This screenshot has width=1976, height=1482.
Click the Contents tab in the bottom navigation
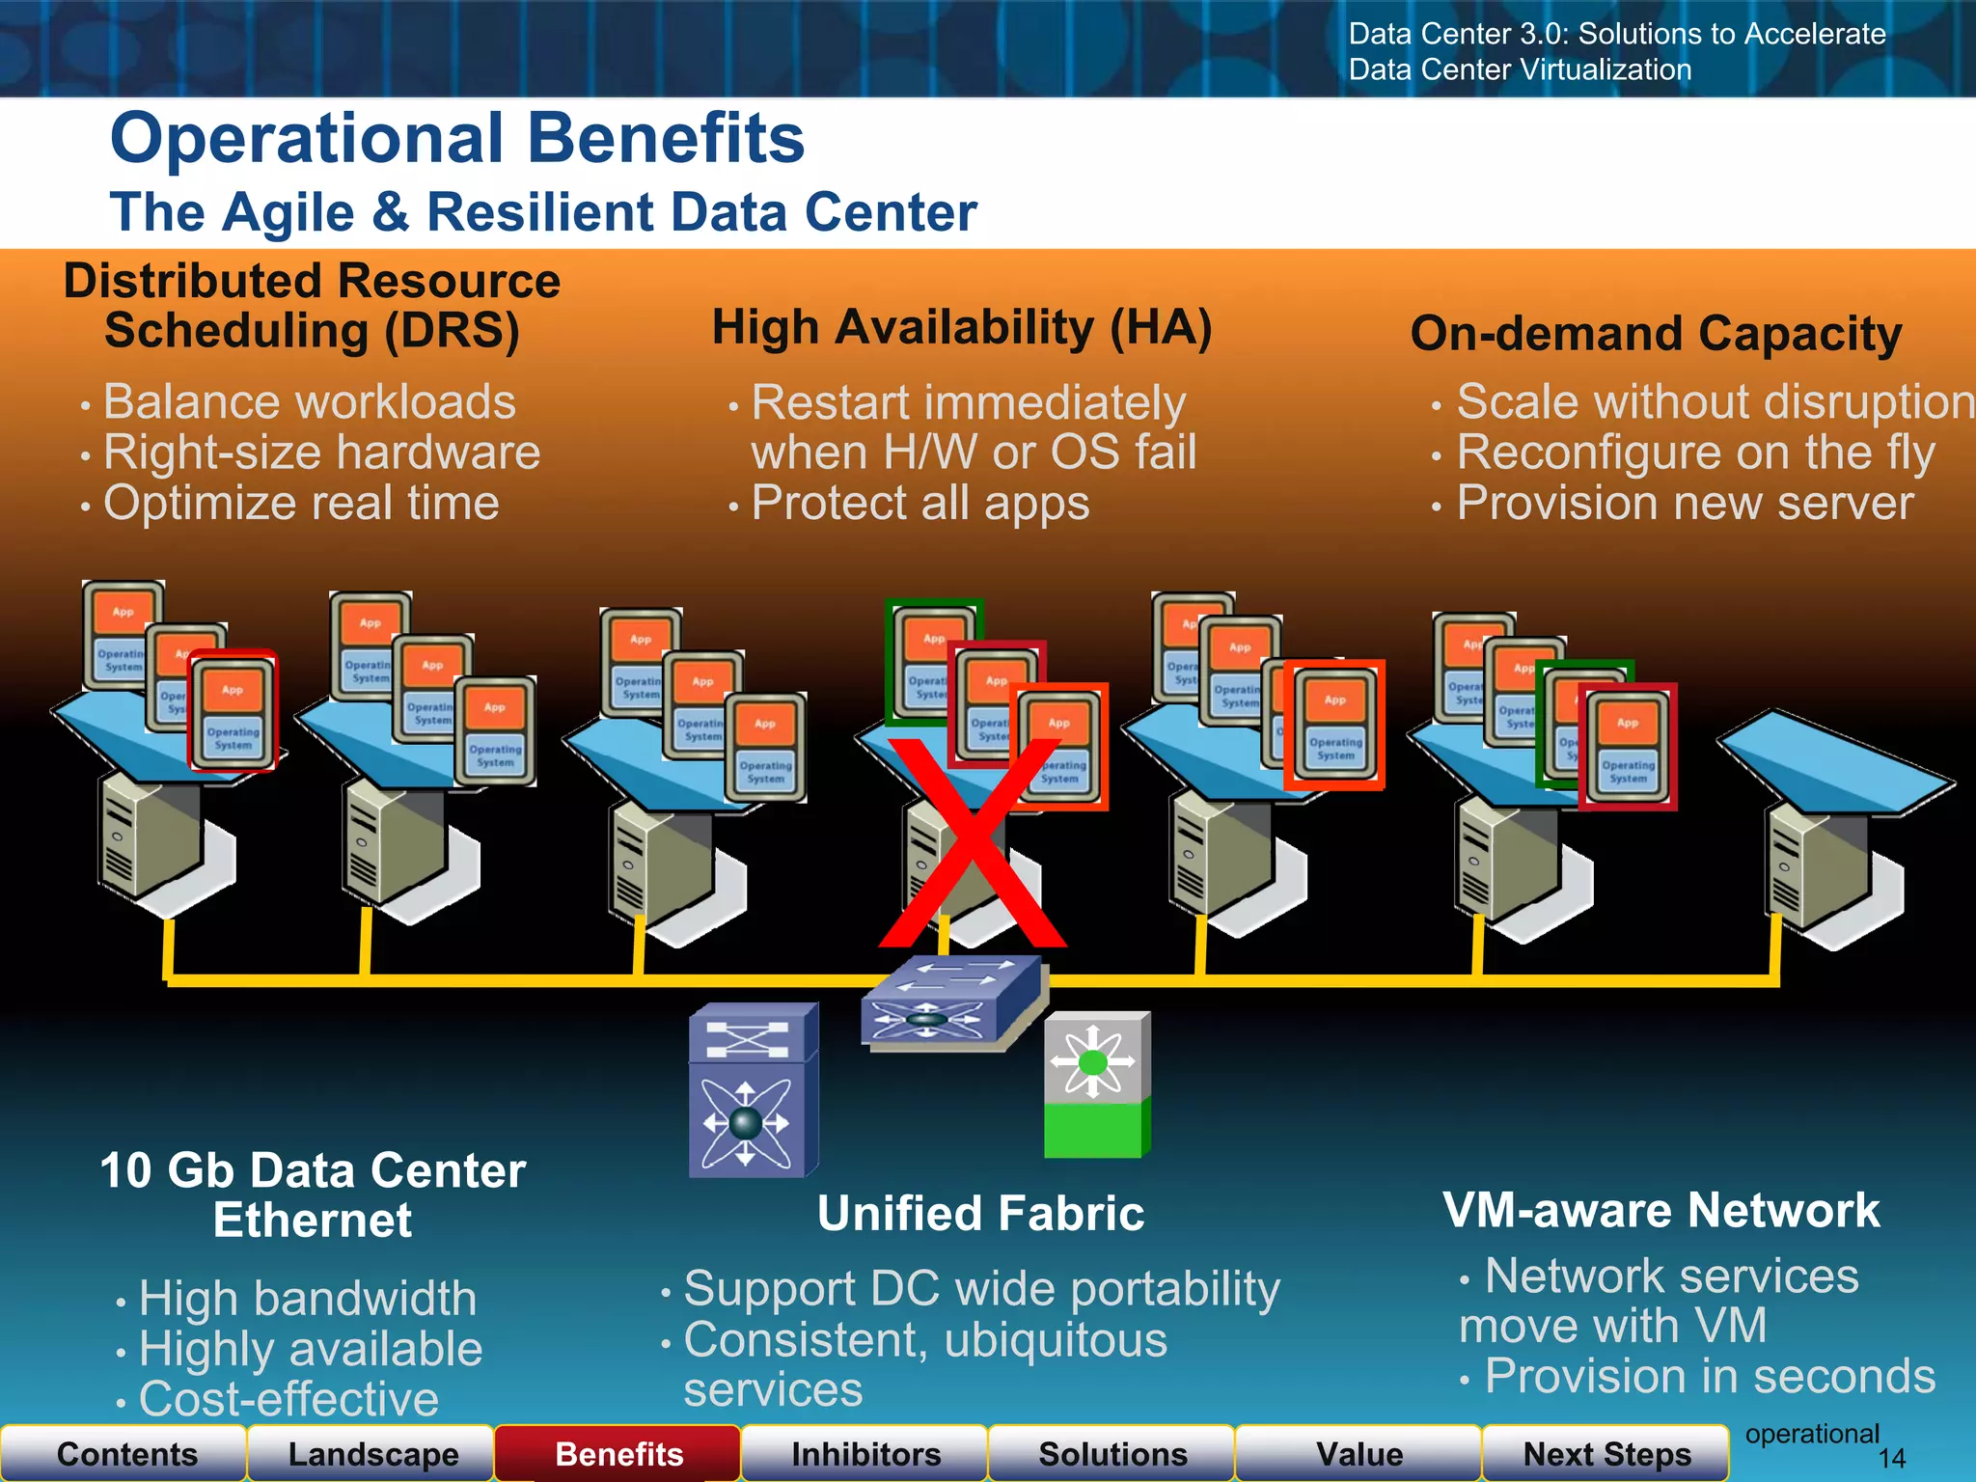(x=126, y=1454)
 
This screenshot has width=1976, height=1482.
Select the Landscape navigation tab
(x=373, y=1454)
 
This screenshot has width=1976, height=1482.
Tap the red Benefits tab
(x=618, y=1454)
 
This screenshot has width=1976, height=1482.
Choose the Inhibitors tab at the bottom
(x=865, y=1454)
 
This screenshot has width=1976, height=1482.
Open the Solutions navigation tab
(x=1112, y=1454)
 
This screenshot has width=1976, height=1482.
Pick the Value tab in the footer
(x=1358, y=1454)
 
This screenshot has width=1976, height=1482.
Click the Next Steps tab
(x=1606, y=1454)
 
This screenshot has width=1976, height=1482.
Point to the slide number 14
(x=1892, y=1459)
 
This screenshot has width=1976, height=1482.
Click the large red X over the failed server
(x=973, y=844)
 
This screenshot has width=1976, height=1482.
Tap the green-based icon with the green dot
(x=1096, y=1084)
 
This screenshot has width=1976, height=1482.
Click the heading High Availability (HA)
(x=961, y=328)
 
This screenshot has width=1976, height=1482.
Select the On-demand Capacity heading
(x=1656, y=335)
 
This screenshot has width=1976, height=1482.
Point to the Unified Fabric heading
(x=980, y=1214)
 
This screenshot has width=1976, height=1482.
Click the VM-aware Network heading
(x=1660, y=1211)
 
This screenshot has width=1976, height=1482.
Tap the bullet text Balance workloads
(x=309, y=402)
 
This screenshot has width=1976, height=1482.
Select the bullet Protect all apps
(x=919, y=504)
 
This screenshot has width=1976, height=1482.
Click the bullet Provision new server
(x=1685, y=504)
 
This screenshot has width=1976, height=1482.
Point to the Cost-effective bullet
(x=288, y=1399)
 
